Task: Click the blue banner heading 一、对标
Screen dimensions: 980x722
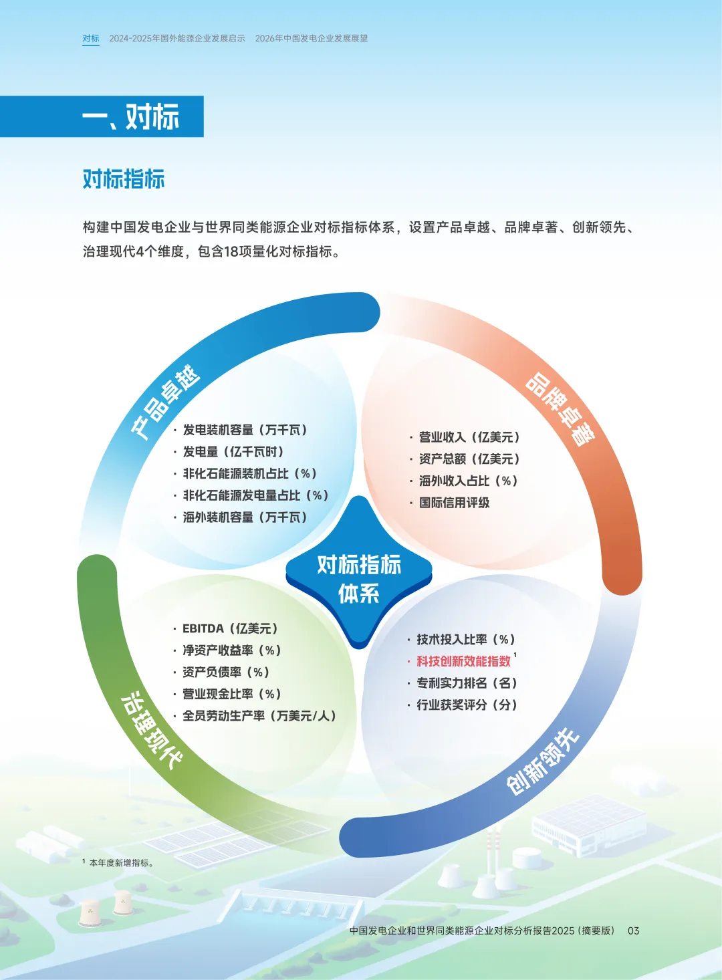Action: pos(131,117)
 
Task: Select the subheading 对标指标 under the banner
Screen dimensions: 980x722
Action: pos(124,179)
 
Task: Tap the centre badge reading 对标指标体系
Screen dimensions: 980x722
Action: pos(359,578)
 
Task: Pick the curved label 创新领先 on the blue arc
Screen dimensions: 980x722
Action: pos(542,762)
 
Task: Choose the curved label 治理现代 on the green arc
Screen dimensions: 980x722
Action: pos(151,729)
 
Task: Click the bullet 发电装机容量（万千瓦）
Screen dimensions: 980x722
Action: pos(245,430)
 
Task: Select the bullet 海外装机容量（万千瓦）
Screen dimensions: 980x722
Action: pos(245,517)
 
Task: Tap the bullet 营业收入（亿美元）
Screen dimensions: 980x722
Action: pos(469,437)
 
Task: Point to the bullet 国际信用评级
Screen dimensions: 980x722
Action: pos(454,503)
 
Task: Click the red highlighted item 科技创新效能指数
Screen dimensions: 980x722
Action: pos(463,661)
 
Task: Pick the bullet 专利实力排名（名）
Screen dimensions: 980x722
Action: pos(467,683)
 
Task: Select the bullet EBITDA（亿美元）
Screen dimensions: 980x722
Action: pos(230,628)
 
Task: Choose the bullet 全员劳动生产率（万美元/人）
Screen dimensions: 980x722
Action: pos(259,716)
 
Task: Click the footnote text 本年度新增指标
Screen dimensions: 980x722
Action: pos(121,863)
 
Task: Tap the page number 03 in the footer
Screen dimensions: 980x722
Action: pos(633,931)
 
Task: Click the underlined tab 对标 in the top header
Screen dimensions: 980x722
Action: pos(91,39)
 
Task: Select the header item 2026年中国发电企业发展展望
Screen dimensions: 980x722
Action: pos(312,39)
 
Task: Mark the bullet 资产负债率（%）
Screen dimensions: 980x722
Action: pos(226,672)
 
